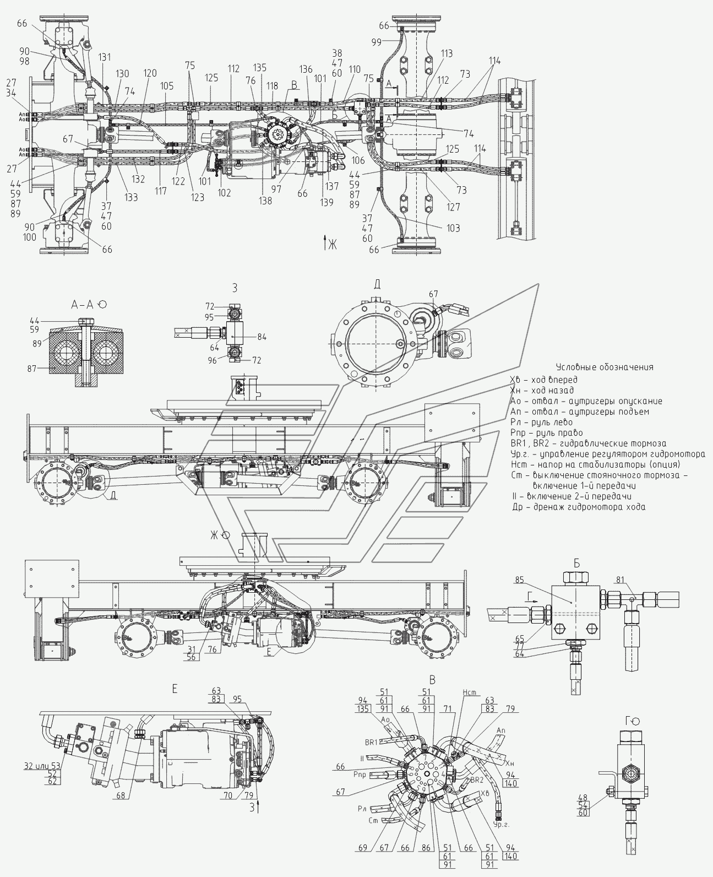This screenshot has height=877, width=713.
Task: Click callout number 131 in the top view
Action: pos(105,57)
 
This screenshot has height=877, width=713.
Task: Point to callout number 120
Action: pos(150,73)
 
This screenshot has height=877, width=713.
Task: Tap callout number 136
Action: pos(306,69)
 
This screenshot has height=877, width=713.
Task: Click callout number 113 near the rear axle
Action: pos(447,53)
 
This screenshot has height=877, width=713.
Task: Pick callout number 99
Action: pos(391,42)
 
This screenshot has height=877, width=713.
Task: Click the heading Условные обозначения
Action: pos(605,367)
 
